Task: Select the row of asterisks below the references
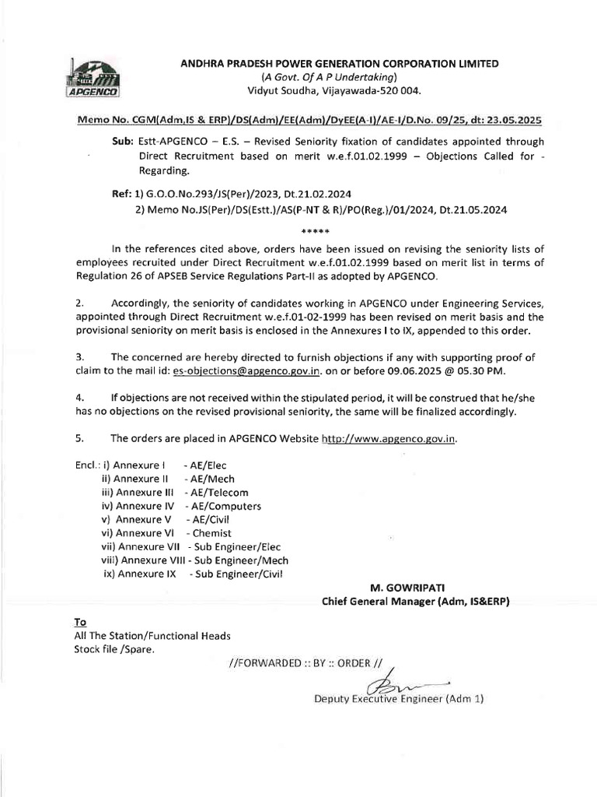315,232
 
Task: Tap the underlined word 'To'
79,622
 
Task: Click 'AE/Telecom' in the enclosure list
216,493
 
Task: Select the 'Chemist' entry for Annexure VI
211,533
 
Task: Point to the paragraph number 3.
79,355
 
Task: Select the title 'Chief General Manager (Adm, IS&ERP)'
416,601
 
